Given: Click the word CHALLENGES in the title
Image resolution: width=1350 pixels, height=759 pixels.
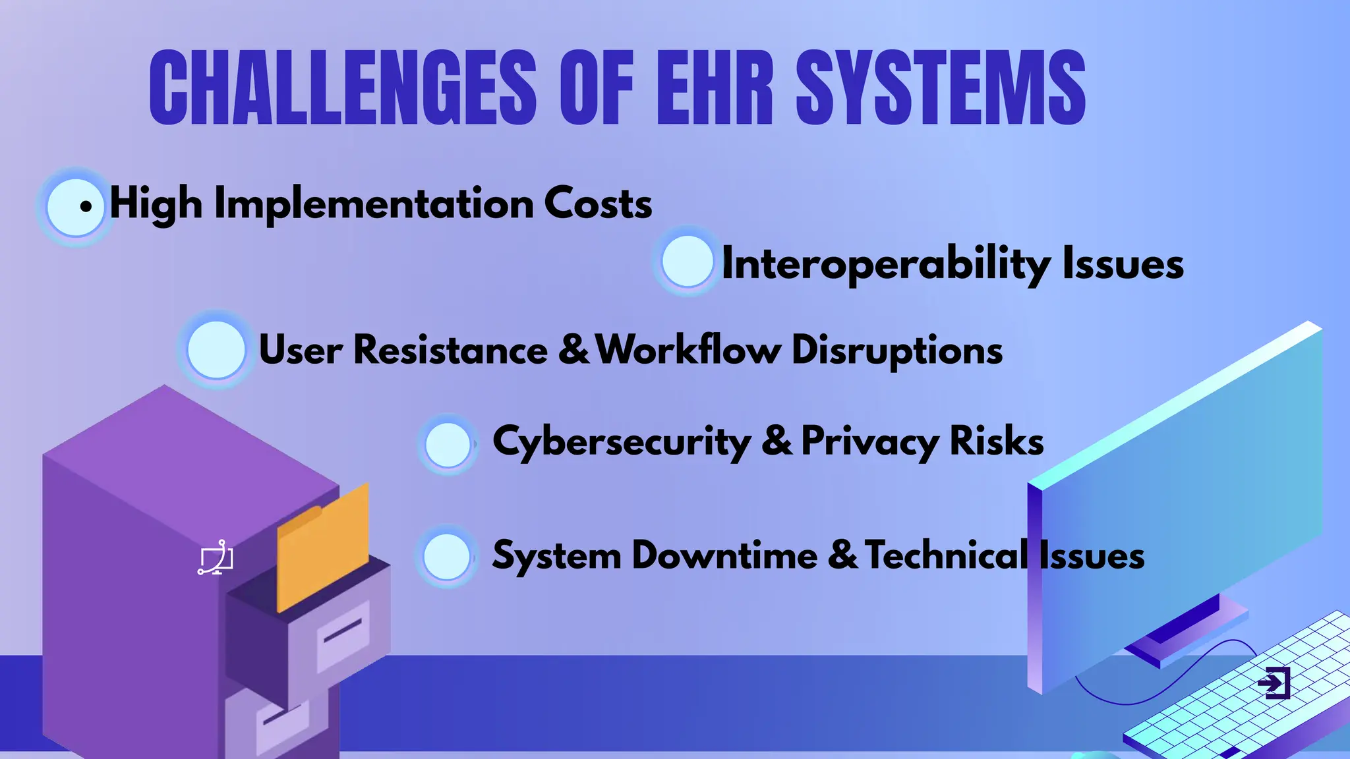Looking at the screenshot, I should pyautogui.click(x=343, y=88).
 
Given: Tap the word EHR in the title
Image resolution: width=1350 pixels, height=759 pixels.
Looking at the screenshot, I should pyautogui.click(x=715, y=88).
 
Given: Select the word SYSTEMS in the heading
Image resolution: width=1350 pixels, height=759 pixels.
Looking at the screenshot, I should pyautogui.click(x=941, y=88).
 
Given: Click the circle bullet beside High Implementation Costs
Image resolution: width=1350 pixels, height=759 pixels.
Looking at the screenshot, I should pyautogui.click(x=75, y=207).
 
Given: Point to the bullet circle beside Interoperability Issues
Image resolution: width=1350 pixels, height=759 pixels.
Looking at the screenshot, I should pyautogui.click(x=687, y=262).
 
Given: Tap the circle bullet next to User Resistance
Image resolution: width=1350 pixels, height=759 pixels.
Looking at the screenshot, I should pyautogui.click(x=216, y=350).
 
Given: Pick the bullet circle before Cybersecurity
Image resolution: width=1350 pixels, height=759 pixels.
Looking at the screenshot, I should pyautogui.click(x=448, y=445).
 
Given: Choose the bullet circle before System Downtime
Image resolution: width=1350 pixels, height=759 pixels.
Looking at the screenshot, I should pyautogui.click(x=446, y=557).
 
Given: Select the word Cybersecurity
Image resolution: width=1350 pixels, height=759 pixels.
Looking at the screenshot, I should pyautogui.click(x=621, y=441).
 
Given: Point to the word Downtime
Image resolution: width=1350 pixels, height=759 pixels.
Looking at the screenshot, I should pyautogui.click(x=724, y=555).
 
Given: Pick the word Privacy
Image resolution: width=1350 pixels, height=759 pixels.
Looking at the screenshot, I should pyautogui.click(x=870, y=441).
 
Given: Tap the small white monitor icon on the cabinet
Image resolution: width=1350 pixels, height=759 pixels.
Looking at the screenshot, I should pyautogui.click(x=216, y=558).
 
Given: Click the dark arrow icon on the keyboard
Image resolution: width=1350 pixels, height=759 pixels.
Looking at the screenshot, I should pyautogui.click(x=1274, y=683).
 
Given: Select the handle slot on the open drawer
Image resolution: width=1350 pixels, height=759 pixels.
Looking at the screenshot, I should pyautogui.click(x=343, y=631).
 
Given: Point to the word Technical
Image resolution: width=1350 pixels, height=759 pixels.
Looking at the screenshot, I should pyautogui.click(x=946, y=555).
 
